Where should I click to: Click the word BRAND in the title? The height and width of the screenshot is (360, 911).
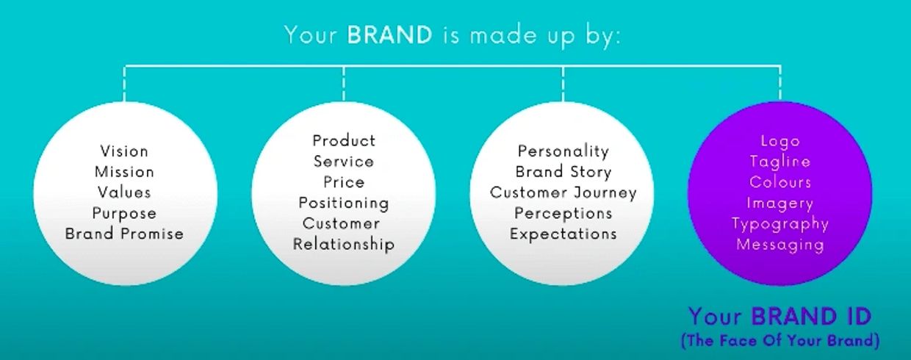tap(389, 35)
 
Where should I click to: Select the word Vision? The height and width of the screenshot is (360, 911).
tap(124, 151)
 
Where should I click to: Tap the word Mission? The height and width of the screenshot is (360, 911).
tap(124, 172)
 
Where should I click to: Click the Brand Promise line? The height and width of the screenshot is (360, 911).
tap(124, 234)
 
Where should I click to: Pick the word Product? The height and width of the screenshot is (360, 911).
tap(344, 141)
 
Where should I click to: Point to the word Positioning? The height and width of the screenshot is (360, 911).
tap(344, 203)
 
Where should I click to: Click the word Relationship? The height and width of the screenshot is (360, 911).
tap(344, 244)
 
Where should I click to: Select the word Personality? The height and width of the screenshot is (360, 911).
tap(563, 152)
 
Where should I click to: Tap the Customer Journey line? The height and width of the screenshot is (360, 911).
tap(563, 192)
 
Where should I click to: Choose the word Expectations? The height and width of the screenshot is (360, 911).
tap(563, 234)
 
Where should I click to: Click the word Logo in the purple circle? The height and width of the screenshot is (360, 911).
tap(780, 142)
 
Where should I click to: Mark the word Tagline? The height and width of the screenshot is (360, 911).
tap(780, 162)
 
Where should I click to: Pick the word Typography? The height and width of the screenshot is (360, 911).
tap(780, 224)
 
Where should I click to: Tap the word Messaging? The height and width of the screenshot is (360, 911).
tap(780, 245)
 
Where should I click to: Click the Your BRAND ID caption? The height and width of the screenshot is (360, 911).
tap(780, 317)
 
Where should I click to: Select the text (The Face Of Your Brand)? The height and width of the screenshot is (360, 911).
tap(780, 340)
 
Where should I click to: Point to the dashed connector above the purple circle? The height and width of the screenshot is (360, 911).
tap(780, 84)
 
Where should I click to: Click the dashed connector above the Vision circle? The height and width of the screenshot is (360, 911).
tap(124, 84)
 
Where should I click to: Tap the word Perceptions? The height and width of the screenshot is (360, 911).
tap(563, 214)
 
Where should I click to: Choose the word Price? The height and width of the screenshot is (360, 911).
tap(344, 182)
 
